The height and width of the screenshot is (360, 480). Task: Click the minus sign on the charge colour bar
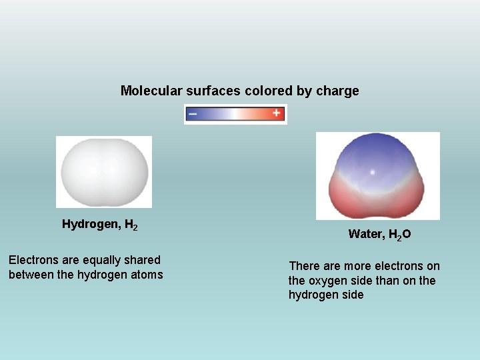click(193, 114)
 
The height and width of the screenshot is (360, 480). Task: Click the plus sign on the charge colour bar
click(277, 113)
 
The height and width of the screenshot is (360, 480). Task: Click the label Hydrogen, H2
click(100, 225)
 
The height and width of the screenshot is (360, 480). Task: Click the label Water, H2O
click(379, 235)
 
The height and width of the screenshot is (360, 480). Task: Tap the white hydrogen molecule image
click(103, 171)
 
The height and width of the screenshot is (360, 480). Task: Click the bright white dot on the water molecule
click(373, 172)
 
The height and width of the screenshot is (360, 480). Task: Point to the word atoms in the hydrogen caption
click(147, 274)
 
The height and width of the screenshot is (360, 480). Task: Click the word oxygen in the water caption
click(326, 281)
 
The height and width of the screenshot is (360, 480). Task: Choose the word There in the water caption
click(303, 266)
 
